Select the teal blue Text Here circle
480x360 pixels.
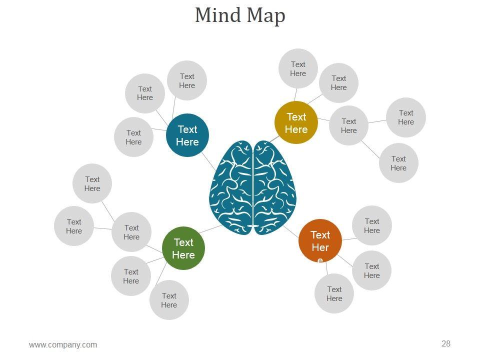(187, 135)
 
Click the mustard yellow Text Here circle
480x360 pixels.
(296, 123)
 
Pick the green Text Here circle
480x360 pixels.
(183, 248)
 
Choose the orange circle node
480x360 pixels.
(320, 241)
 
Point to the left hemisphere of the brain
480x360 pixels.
(231, 187)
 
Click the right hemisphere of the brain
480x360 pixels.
(274, 187)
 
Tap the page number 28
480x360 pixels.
(446, 343)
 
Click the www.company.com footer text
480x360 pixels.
(63, 344)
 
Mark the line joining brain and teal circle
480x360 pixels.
(209, 161)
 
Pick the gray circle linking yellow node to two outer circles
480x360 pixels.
(348, 125)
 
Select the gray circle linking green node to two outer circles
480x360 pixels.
(131, 232)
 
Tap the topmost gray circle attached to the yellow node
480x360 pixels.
(298, 68)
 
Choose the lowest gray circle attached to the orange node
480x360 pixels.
(334, 293)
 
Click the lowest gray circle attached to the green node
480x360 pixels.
(169, 300)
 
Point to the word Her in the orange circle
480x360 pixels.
(320, 247)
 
